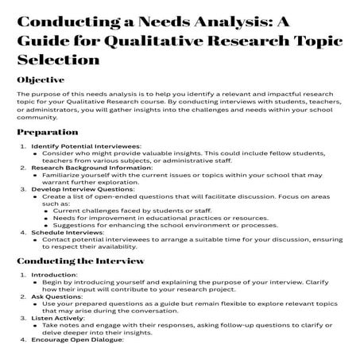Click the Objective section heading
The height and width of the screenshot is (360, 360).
tap(43, 80)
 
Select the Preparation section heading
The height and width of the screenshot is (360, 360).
tap(48, 132)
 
